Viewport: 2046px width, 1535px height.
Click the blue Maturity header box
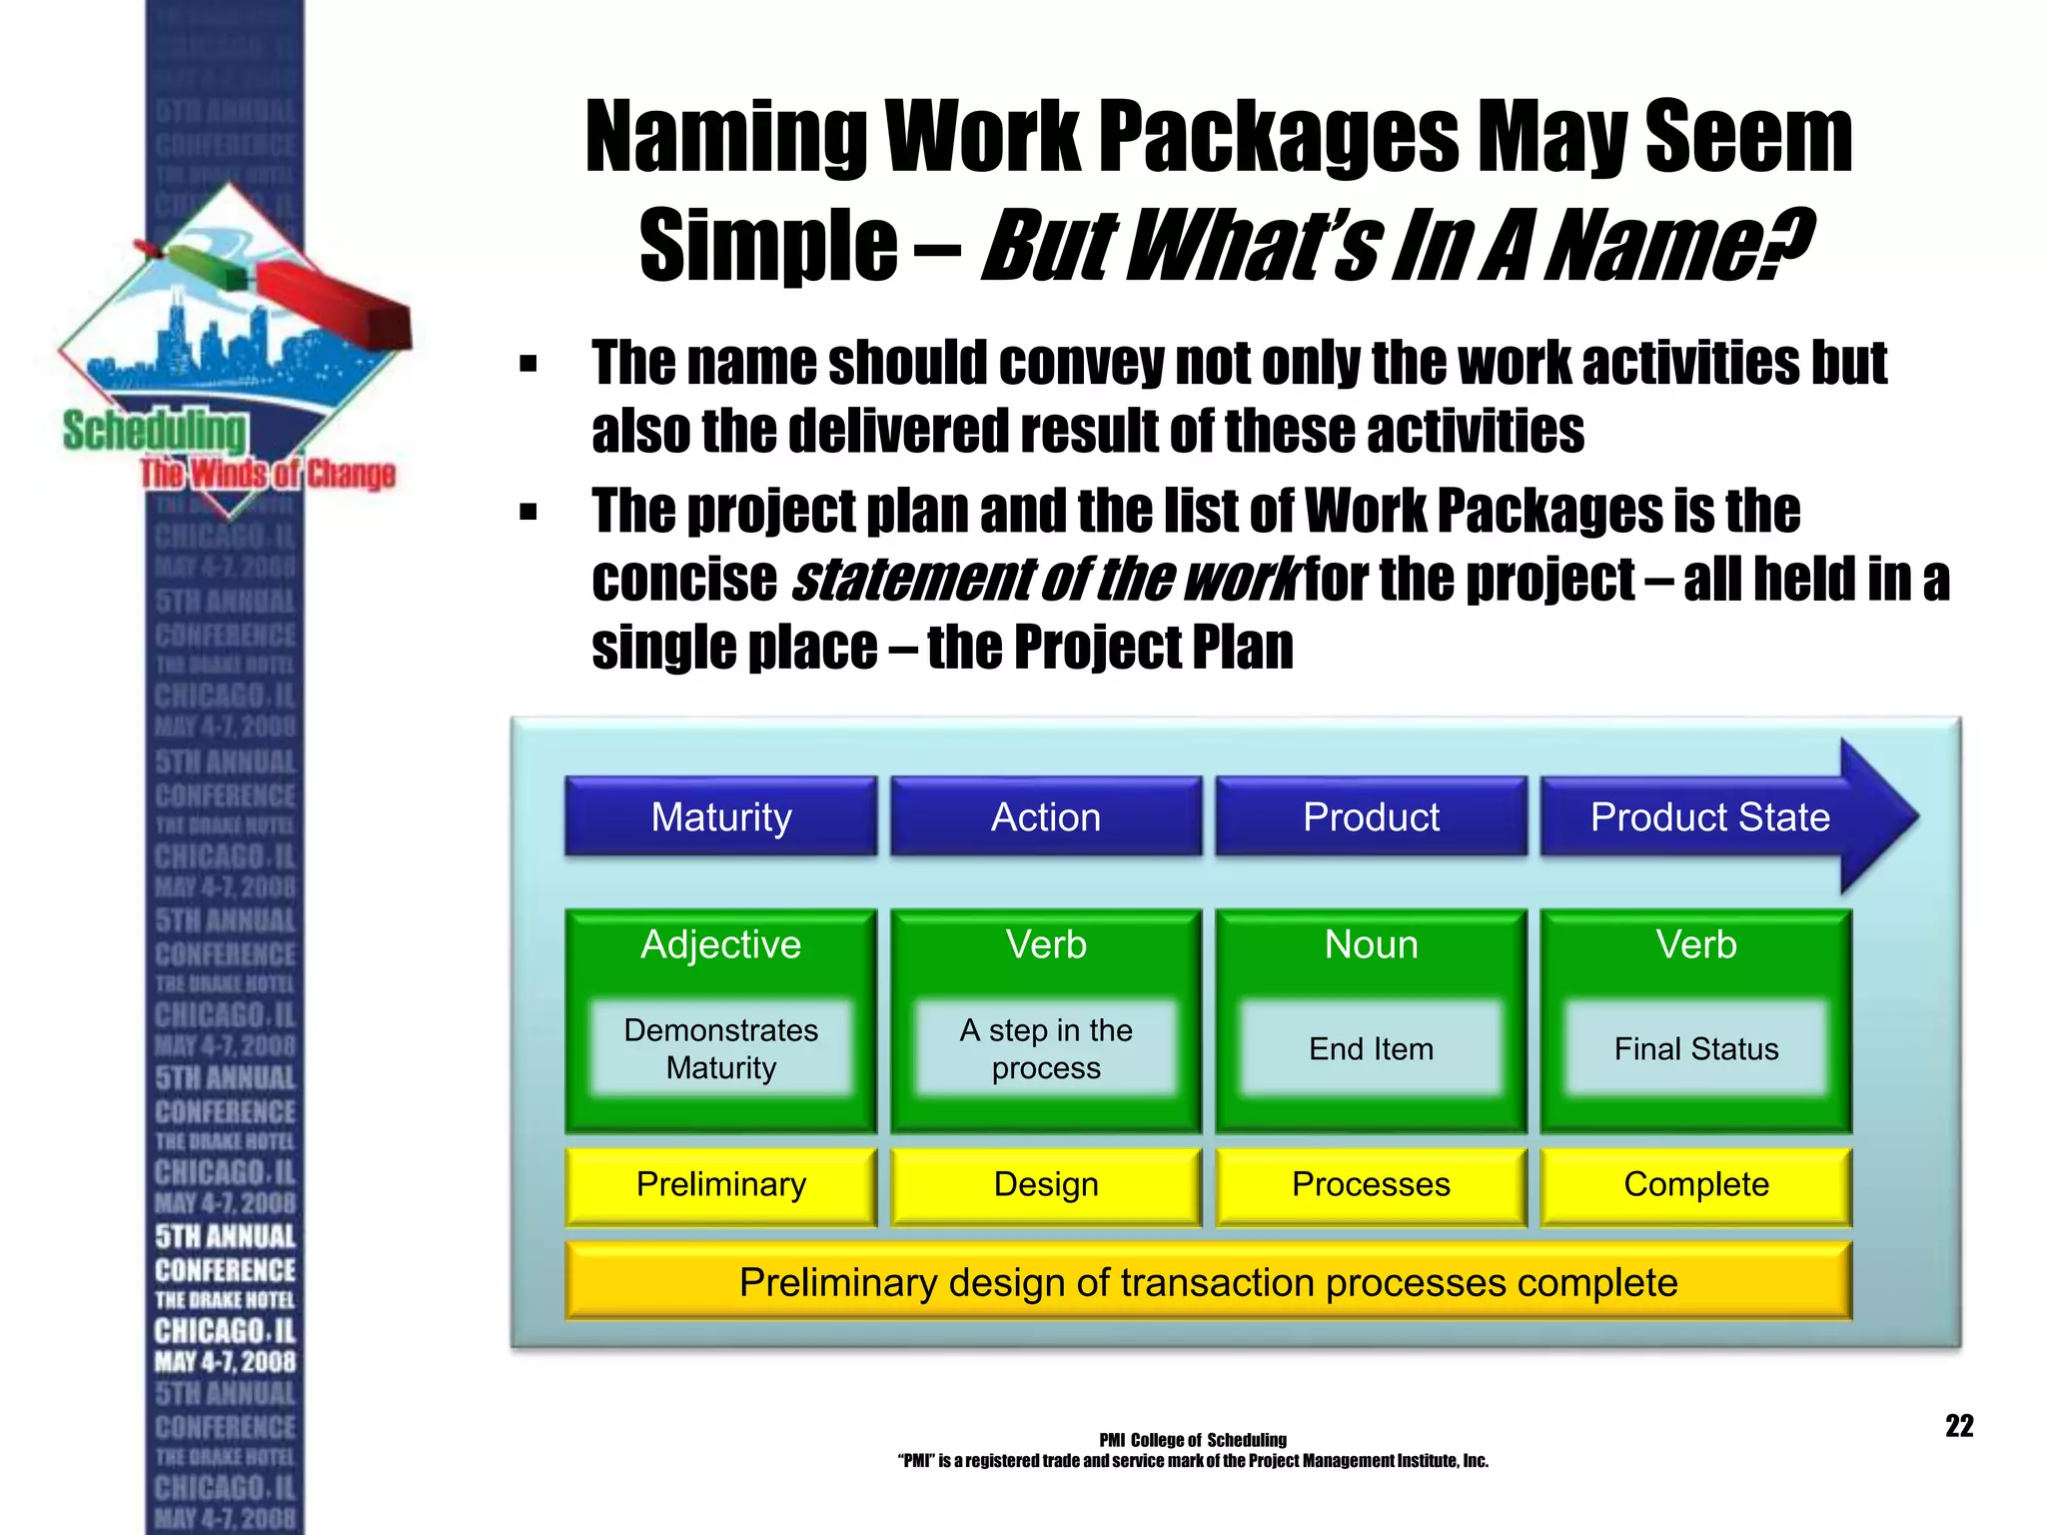720,816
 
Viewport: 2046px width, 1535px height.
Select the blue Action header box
1045,816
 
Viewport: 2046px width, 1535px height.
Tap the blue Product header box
1371,816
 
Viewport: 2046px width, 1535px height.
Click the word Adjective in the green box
720,944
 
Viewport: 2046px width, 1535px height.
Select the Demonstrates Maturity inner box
720,1048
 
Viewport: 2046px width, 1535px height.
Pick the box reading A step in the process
1045,1048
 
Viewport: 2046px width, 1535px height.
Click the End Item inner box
1371,1048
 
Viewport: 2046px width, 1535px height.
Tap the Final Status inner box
1695,1048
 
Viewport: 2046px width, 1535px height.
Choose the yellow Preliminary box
720,1185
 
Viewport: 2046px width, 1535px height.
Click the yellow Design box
1045,1185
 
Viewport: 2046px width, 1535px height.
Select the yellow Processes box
1371,1185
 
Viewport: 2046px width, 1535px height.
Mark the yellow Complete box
1695,1185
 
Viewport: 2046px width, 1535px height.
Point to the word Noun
1371,944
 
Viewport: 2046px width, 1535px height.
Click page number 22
1959,1426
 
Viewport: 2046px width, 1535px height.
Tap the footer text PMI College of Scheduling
1193,1440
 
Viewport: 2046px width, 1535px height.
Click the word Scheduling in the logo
154,432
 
